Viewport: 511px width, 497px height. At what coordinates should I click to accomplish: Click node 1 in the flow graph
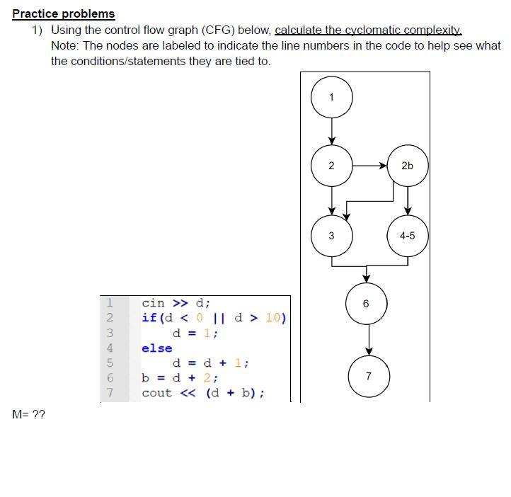coord(331,98)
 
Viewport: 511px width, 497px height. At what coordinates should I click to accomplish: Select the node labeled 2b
coord(407,166)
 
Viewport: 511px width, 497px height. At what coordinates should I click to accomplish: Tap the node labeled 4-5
coord(407,236)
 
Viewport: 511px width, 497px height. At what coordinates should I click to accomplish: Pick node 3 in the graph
coord(331,236)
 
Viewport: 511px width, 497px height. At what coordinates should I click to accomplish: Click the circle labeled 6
coord(366,304)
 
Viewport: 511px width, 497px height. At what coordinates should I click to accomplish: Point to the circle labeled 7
coord(369,376)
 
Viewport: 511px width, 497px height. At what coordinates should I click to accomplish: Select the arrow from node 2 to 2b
coord(369,166)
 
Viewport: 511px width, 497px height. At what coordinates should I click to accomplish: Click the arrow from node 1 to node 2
coord(331,131)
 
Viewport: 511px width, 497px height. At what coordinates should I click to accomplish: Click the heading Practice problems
coord(63,13)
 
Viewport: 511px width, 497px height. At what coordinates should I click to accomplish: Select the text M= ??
coord(28,415)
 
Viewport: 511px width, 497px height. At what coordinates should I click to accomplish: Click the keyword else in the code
coord(156,348)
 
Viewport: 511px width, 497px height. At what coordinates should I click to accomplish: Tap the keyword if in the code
coord(149,317)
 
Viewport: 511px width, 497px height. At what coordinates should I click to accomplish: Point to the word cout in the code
coord(156,393)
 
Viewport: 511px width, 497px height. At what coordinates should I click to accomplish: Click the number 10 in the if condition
coord(272,317)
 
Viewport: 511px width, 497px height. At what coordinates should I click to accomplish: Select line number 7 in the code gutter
coord(110,393)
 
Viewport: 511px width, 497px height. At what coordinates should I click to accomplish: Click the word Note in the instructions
coord(64,45)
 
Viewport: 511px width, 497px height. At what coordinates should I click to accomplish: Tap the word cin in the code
coord(153,302)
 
